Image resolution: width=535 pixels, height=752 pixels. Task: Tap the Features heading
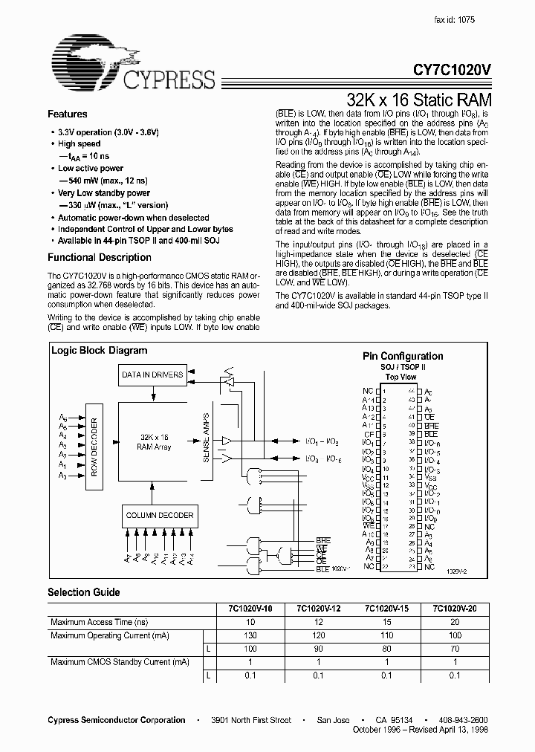click(67, 114)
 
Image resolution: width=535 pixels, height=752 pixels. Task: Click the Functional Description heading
click(99, 258)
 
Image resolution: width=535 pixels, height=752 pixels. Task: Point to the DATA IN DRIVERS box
click(152, 375)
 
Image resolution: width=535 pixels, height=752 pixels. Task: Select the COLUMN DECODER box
click(159, 515)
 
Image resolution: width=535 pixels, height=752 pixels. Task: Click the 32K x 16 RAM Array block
click(154, 443)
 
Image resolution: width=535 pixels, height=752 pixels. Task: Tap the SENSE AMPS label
click(206, 438)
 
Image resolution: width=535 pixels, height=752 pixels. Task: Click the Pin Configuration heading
click(402, 357)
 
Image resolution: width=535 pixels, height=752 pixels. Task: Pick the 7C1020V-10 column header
click(250, 609)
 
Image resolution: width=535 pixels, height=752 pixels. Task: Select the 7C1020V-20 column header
click(455, 609)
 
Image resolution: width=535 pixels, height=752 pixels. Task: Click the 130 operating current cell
click(250, 635)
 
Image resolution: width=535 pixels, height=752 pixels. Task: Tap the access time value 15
click(387, 621)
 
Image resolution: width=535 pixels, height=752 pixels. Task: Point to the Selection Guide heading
click(83, 592)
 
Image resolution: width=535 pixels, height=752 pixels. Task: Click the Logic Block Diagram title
click(99, 351)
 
